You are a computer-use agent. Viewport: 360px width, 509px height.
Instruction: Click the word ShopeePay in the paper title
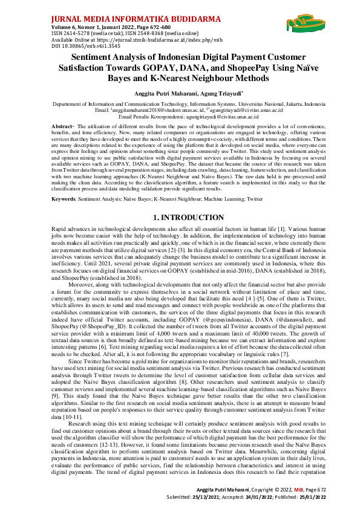pyautogui.click(x=220, y=68)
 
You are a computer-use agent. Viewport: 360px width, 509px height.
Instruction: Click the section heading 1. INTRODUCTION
pyautogui.click(x=180, y=199)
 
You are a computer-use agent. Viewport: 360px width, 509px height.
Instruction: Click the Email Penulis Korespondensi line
pyautogui.click(x=180, y=115)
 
